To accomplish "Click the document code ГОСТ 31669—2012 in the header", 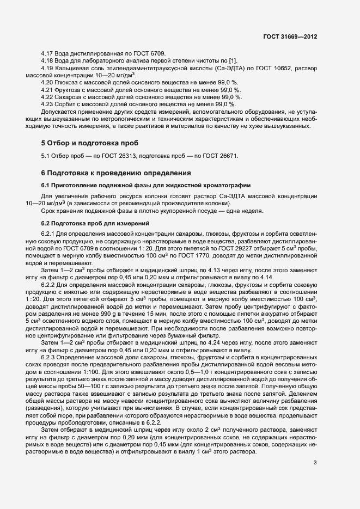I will (x=290, y=37).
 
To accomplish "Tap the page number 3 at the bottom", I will (x=315, y=463).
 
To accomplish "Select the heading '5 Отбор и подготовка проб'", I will (x=90, y=143).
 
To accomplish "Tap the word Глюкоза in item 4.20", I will (x=67, y=82).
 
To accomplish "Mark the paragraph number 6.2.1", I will (x=49, y=234).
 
